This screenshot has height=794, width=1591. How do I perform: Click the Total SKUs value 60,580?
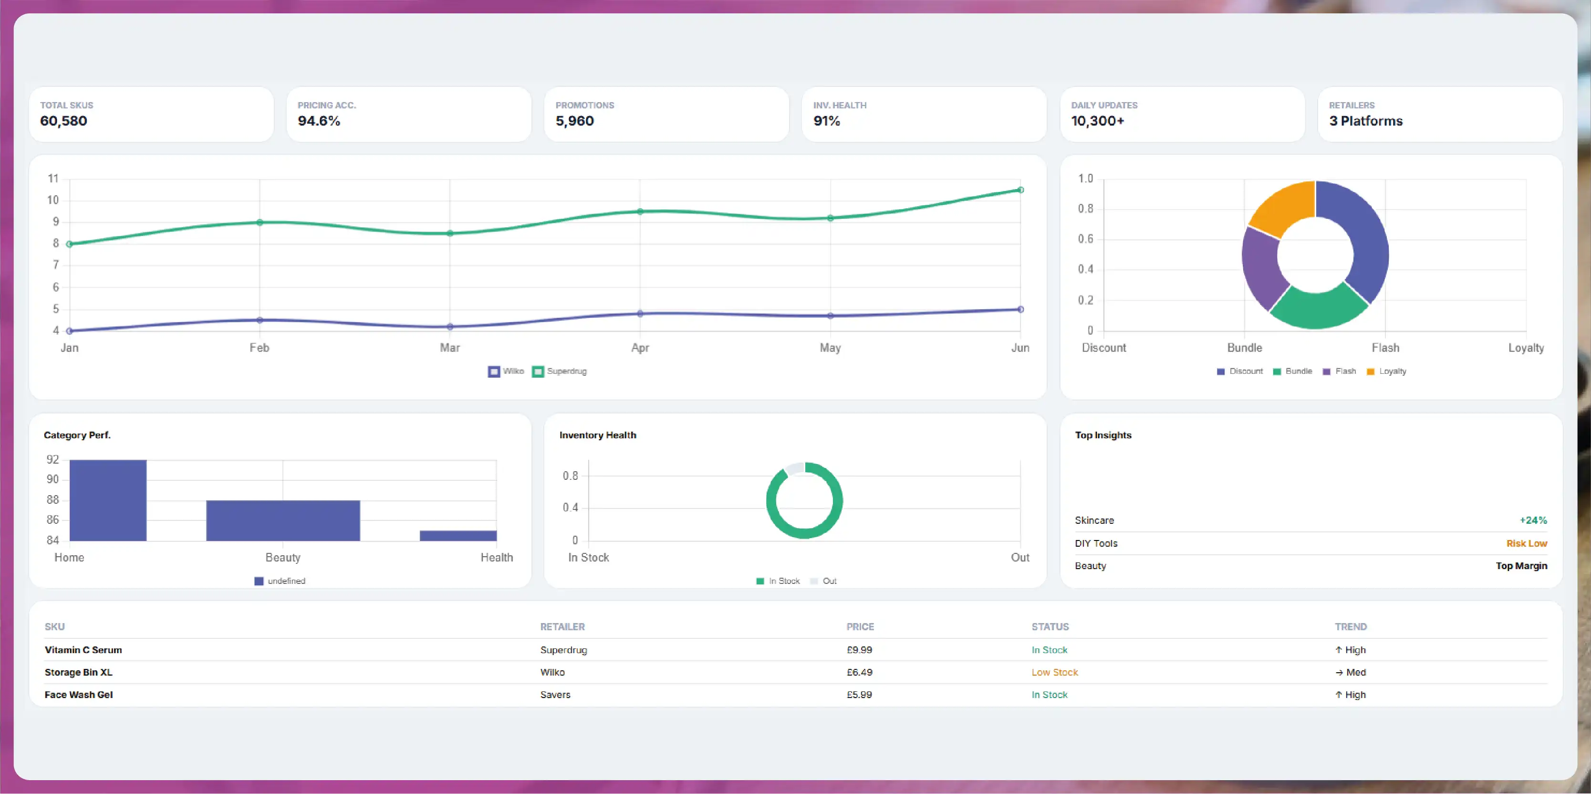tap(63, 121)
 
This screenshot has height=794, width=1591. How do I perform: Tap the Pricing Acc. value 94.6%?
tap(319, 121)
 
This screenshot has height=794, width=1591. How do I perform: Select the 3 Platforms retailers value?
tap(1365, 121)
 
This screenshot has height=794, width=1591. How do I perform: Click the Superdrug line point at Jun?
tap(1020, 190)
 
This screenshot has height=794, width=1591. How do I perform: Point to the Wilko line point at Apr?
tap(640, 314)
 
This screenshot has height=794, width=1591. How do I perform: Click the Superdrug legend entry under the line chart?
tap(560, 371)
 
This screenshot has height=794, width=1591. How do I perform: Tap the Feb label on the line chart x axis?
tap(260, 348)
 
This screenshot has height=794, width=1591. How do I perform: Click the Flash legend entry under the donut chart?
tap(1340, 371)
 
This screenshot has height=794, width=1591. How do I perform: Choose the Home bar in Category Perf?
tap(108, 500)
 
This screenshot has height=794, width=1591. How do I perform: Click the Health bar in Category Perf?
tap(458, 536)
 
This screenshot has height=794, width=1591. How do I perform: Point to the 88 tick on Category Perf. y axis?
tap(53, 499)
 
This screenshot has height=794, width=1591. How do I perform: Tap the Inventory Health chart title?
tap(598, 435)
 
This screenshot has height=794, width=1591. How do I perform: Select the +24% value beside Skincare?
tap(1534, 520)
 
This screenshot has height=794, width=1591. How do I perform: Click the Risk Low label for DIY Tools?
tap(1527, 543)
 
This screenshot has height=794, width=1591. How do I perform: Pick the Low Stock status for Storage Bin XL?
tap(1054, 672)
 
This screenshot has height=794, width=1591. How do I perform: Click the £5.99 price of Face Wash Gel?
tap(859, 695)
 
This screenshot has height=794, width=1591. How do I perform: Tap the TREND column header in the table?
tap(1351, 626)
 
